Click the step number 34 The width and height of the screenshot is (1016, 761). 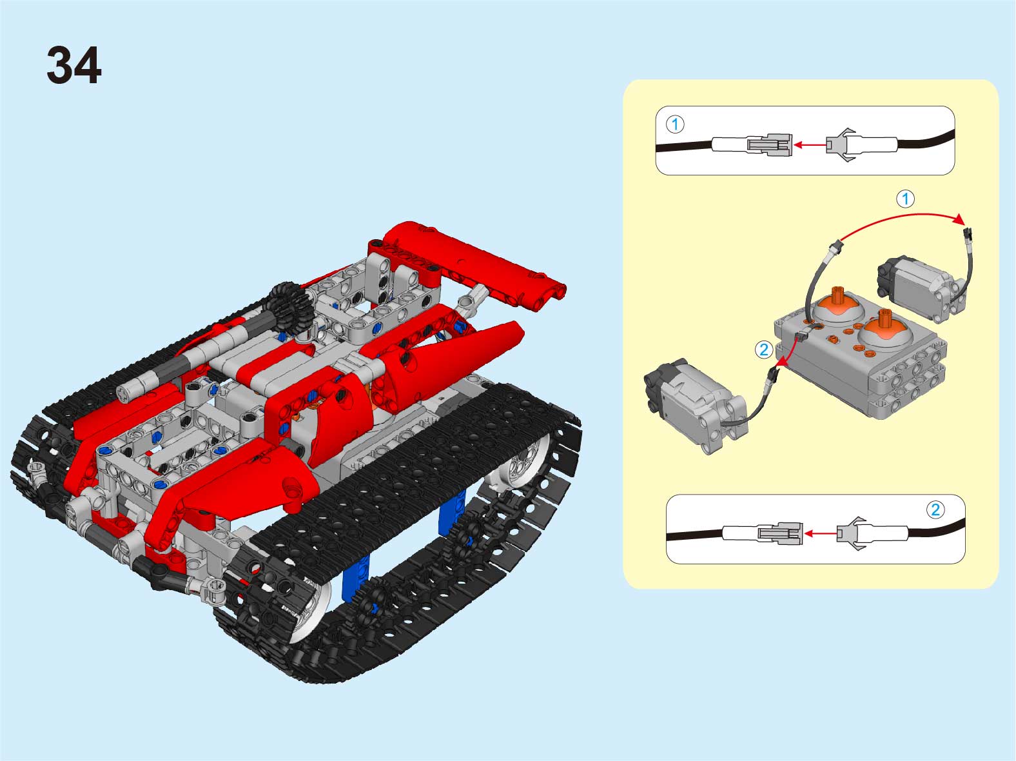pos(74,65)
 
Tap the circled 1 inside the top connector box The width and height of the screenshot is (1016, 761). pos(675,124)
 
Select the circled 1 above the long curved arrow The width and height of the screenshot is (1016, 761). pos(905,199)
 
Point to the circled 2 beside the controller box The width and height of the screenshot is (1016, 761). pos(764,350)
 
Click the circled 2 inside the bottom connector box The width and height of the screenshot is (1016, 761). pos(935,509)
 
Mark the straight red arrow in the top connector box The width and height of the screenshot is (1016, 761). pos(810,145)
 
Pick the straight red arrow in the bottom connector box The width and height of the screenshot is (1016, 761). pos(821,534)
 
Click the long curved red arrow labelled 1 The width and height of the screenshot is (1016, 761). pos(903,215)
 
